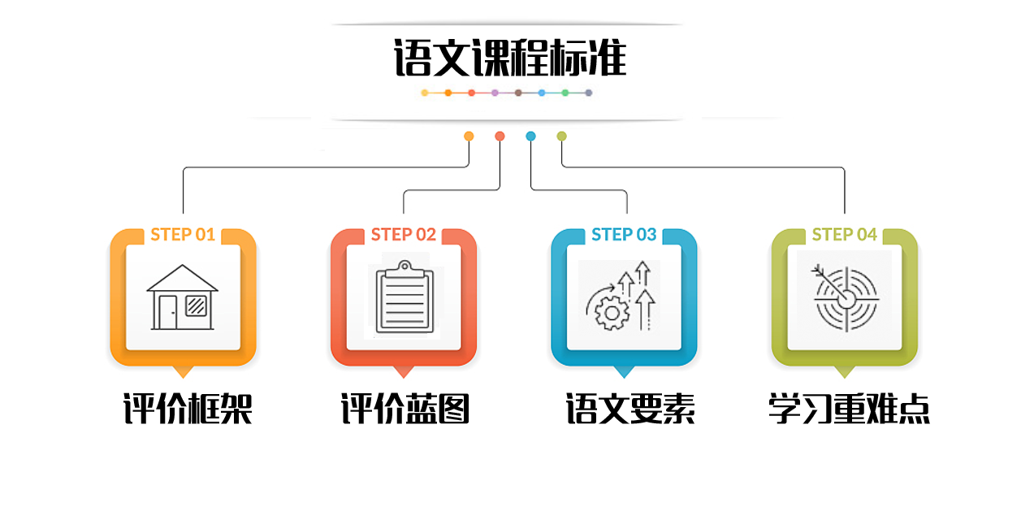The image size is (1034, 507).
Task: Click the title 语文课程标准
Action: coord(510,58)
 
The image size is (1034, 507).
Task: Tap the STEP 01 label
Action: coord(183,235)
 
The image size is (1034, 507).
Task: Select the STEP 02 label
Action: coord(404,235)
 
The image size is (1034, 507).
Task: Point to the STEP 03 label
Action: coord(624,235)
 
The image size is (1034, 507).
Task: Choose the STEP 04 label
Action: coord(845,235)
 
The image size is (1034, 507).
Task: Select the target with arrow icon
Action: coord(845,298)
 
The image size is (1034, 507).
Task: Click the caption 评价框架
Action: coord(188,409)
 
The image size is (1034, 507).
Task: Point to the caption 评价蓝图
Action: coord(405,409)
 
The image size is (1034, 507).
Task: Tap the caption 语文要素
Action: coord(630,409)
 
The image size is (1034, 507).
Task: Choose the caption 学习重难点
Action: coord(849,409)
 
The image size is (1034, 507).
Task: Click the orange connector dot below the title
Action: coord(469,136)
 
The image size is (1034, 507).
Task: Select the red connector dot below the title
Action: coord(500,136)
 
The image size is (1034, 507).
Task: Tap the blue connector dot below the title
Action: coord(530,136)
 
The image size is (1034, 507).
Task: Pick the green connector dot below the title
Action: coord(561,136)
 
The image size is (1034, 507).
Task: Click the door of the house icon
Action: coord(167,312)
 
